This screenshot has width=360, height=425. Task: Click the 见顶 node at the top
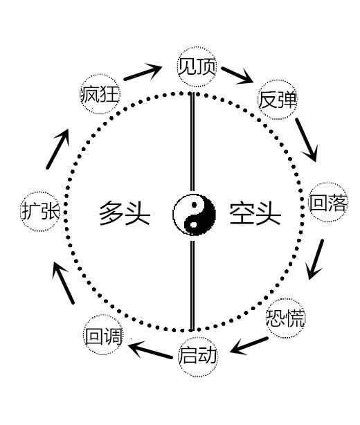197,67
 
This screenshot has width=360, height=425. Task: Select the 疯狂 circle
100,94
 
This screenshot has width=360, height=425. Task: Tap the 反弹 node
277,100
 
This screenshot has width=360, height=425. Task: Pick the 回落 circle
328,202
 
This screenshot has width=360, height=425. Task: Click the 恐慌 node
285,318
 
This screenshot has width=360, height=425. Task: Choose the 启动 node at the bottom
198,356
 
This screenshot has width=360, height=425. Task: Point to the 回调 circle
103,335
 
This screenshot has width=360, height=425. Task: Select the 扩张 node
40,211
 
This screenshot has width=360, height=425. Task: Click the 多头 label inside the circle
125,213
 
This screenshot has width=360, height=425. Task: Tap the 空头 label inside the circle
255,213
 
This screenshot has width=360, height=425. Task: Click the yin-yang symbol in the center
194,215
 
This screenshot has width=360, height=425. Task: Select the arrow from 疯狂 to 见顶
143,72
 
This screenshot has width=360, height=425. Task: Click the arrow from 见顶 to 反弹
237,75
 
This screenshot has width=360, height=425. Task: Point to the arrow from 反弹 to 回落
307,140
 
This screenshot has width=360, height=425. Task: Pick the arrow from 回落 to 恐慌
315,260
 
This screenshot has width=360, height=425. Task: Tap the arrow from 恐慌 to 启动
249,345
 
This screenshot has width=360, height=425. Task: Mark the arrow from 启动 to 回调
150,350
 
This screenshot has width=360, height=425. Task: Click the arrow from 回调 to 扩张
63,282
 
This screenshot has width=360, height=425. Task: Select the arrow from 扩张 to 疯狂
57,149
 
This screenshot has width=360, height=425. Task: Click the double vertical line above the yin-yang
192,142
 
